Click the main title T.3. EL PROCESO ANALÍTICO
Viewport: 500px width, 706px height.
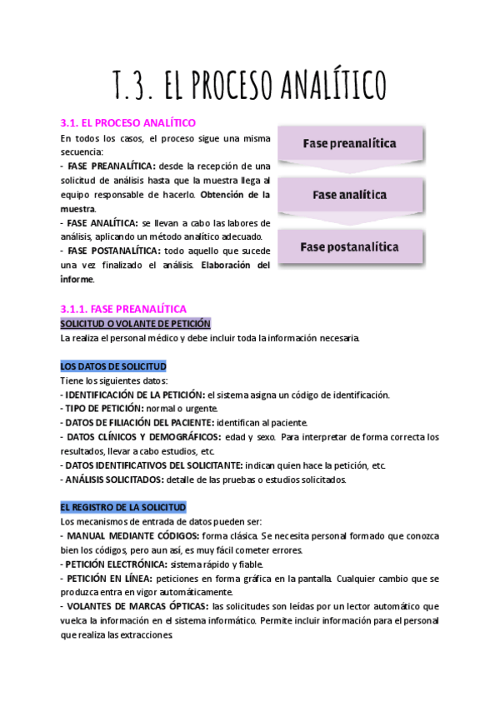(249, 83)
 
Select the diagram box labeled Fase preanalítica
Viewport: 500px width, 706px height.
(349, 143)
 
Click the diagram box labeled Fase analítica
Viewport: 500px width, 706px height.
(349, 195)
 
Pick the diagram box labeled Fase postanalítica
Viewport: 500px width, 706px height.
(349, 246)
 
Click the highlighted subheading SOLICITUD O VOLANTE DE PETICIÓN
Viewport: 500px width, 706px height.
(136, 323)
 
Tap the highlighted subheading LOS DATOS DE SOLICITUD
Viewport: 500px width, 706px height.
(113, 365)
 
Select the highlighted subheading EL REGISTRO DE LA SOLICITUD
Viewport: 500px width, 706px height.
(123, 506)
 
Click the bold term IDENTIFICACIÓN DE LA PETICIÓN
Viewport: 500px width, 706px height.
(135, 395)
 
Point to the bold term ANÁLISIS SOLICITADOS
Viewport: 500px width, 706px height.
(114, 480)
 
